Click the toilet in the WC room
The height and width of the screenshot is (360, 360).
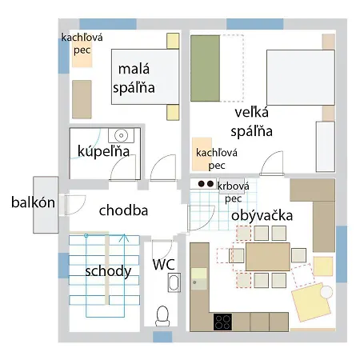click(x=162, y=316)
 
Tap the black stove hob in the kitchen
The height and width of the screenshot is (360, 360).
click(x=222, y=322)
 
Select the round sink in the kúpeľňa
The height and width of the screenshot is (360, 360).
click(x=121, y=135)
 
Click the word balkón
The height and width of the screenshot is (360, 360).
click(x=33, y=202)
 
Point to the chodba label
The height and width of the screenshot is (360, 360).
click(x=123, y=210)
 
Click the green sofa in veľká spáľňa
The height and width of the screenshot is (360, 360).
click(x=205, y=68)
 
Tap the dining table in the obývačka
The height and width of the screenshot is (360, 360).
click(x=268, y=257)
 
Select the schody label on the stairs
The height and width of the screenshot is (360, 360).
click(x=108, y=271)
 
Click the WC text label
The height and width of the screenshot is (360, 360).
click(x=164, y=264)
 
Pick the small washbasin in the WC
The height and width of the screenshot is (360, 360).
click(x=174, y=282)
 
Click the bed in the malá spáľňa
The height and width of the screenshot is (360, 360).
click(x=145, y=77)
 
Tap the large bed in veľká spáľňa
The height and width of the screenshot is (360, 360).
click(x=301, y=78)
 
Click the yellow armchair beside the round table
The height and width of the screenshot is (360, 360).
click(x=311, y=302)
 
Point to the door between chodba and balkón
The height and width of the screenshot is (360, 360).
click(x=74, y=205)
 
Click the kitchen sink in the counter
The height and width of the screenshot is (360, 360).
click(x=198, y=279)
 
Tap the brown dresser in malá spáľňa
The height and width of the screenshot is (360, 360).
click(x=82, y=99)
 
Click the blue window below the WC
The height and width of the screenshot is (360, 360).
click(x=162, y=337)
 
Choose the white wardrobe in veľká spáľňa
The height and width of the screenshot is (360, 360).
click(x=326, y=146)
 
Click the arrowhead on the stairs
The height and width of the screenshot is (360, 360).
click(x=124, y=238)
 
